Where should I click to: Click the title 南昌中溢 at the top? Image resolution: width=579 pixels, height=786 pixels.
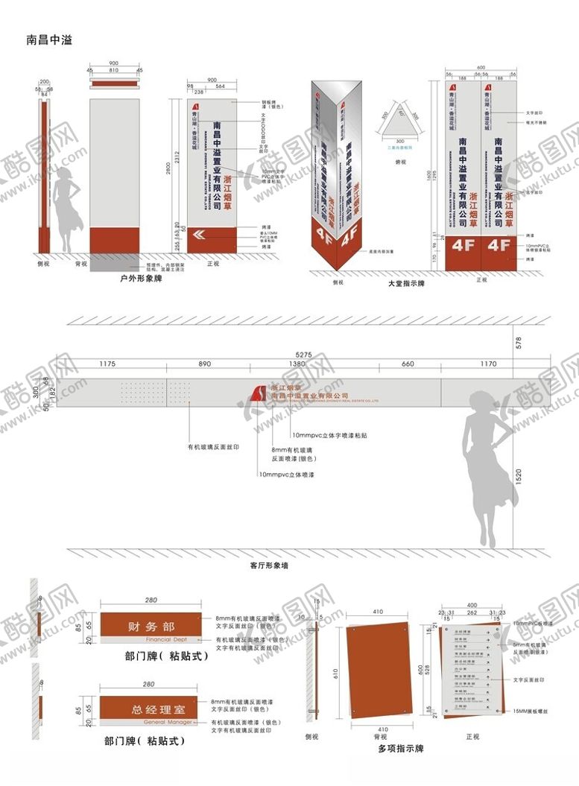point(49,39)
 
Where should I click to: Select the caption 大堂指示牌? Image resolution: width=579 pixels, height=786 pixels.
point(407,284)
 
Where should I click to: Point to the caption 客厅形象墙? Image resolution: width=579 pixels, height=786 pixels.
point(269,565)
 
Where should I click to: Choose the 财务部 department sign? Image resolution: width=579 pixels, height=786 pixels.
point(151,627)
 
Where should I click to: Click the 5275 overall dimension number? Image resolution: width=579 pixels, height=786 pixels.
point(302,353)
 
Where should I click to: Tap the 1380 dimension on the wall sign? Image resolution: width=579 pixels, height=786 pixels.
point(297,364)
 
